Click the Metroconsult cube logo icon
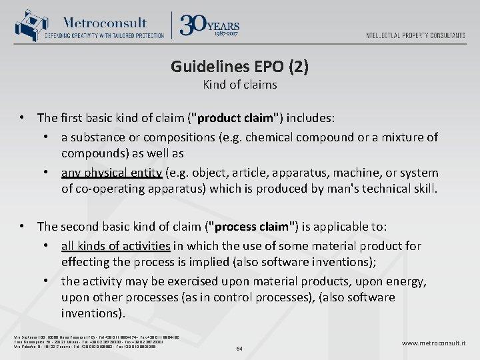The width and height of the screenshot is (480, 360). pos(29,25)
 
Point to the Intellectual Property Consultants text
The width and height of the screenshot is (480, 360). pos(415,35)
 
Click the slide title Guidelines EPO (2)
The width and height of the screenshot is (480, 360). pos(239,67)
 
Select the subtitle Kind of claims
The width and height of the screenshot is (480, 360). pos(239,85)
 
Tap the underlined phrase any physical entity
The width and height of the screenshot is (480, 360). pos(111,173)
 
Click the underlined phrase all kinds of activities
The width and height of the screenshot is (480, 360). pos(115,246)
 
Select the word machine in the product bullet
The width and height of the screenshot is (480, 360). pos(357,173)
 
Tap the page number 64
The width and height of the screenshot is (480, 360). pos(240,347)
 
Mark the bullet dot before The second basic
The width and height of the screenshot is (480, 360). pos(23,226)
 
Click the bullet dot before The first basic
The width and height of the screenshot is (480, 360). pos(23,118)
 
